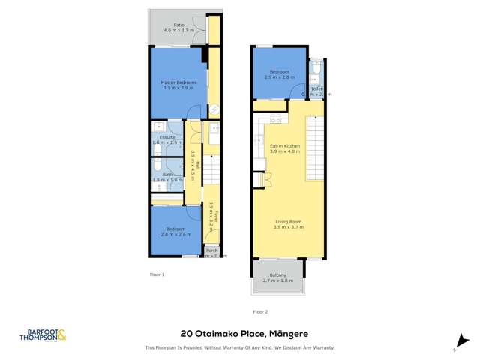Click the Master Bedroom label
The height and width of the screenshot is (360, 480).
pyautogui.click(x=178, y=82)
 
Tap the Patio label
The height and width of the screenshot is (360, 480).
pyautogui.click(x=178, y=25)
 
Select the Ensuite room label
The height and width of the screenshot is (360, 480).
pyautogui.click(x=166, y=137)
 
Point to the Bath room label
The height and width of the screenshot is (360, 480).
pyautogui.click(x=166, y=175)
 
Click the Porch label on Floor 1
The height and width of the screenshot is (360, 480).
pyautogui.click(x=211, y=250)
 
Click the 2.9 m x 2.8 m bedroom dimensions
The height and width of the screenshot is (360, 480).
pyautogui.click(x=279, y=77)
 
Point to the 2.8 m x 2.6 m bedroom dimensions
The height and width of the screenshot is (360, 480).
pyautogui.click(x=175, y=234)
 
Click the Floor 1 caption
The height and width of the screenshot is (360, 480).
pyautogui.click(x=157, y=274)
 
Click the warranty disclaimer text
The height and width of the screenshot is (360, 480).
pyautogui.click(x=239, y=348)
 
